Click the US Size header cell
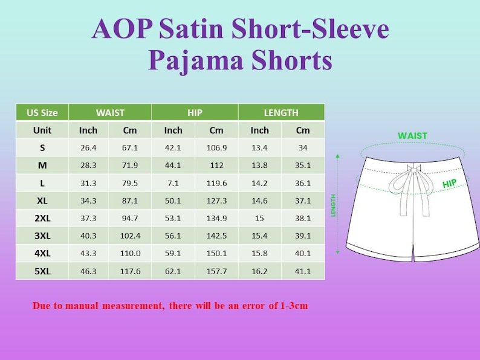(x=42, y=112)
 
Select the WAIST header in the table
(x=110, y=112)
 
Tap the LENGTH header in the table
(x=281, y=112)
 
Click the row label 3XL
(x=42, y=236)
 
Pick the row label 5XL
(x=42, y=271)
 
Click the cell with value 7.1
(x=173, y=183)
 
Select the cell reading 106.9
(x=216, y=148)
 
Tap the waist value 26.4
(x=88, y=148)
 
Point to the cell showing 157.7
(x=216, y=271)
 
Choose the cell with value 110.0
(x=130, y=254)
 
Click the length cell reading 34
(x=303, y=148)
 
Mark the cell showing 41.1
(x=303, y=271)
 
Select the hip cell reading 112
(x=216, y=166)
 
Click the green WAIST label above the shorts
(x=412, y=136)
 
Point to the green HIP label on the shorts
(x=449, y=183)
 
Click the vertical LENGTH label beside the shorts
(x=333, y=205)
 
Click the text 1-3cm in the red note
(x=294, y=306)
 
